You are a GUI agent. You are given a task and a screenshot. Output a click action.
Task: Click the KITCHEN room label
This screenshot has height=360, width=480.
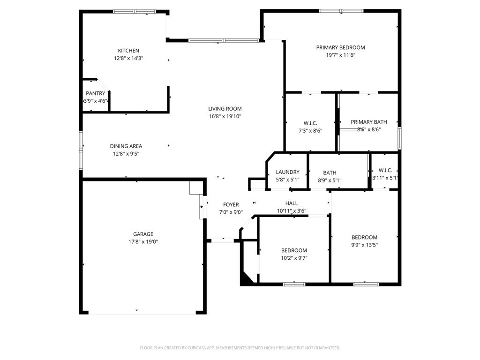pos(128,51)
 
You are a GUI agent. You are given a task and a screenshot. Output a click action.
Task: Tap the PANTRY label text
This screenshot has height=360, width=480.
pos(95,93)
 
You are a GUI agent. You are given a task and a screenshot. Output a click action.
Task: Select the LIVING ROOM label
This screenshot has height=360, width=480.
pos(225,109)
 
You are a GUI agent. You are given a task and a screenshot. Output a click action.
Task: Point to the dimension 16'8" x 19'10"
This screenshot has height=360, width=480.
pos(225,116)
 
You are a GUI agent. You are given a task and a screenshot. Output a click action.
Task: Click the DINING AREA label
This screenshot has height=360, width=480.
pos(126,146)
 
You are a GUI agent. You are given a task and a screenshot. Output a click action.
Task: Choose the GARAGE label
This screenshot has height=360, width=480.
pos(143,234)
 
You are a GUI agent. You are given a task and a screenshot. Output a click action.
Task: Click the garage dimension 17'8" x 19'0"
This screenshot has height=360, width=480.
pos(143,242)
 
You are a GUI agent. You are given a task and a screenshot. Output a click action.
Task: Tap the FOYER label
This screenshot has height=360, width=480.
pos(231,204)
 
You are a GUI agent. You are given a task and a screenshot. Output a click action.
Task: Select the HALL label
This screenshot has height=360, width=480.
pos(292,203)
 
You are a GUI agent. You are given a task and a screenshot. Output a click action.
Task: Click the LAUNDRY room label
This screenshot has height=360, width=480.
pos(287,172)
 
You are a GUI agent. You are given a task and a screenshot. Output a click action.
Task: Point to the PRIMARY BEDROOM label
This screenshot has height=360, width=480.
pos(340,47)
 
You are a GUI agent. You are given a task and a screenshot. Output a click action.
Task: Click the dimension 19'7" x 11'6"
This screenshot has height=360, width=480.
pos(340,55)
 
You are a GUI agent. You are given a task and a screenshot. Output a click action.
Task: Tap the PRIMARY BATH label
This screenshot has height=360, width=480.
pos(369,122)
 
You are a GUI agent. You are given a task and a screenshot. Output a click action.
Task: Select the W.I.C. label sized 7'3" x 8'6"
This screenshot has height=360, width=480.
pos(310,123)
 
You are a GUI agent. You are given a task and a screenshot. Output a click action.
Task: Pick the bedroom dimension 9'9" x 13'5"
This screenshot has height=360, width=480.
pos(364,245)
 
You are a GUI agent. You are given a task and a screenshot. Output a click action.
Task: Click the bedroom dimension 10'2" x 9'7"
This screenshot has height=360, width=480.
pos(294,258)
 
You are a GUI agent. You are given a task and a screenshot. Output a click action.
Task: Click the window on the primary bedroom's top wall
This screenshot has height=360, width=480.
pos(341,11)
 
